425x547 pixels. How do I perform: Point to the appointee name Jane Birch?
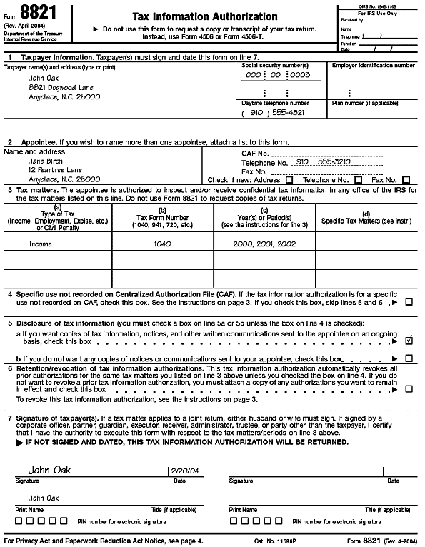(x=45, y=161)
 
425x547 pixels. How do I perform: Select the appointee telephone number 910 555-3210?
(x=323, y=162)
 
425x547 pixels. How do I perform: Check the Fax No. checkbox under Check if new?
(x=406, y=180)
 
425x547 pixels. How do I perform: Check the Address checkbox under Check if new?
(x=289, y=180)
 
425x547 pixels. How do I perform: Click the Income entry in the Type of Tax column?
(x=40, y=244)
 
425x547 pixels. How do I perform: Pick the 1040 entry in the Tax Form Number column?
(x=162, y=244)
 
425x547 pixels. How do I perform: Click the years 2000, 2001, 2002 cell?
(x=264, y=244)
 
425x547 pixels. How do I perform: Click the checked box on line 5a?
(x=409, y=341)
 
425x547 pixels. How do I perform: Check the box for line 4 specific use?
(x=409, y=302)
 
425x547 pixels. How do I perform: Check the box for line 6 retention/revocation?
(x=409, y=389)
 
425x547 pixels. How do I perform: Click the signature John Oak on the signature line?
(x=50, y=470)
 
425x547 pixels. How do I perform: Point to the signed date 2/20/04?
(x=181, y=471)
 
